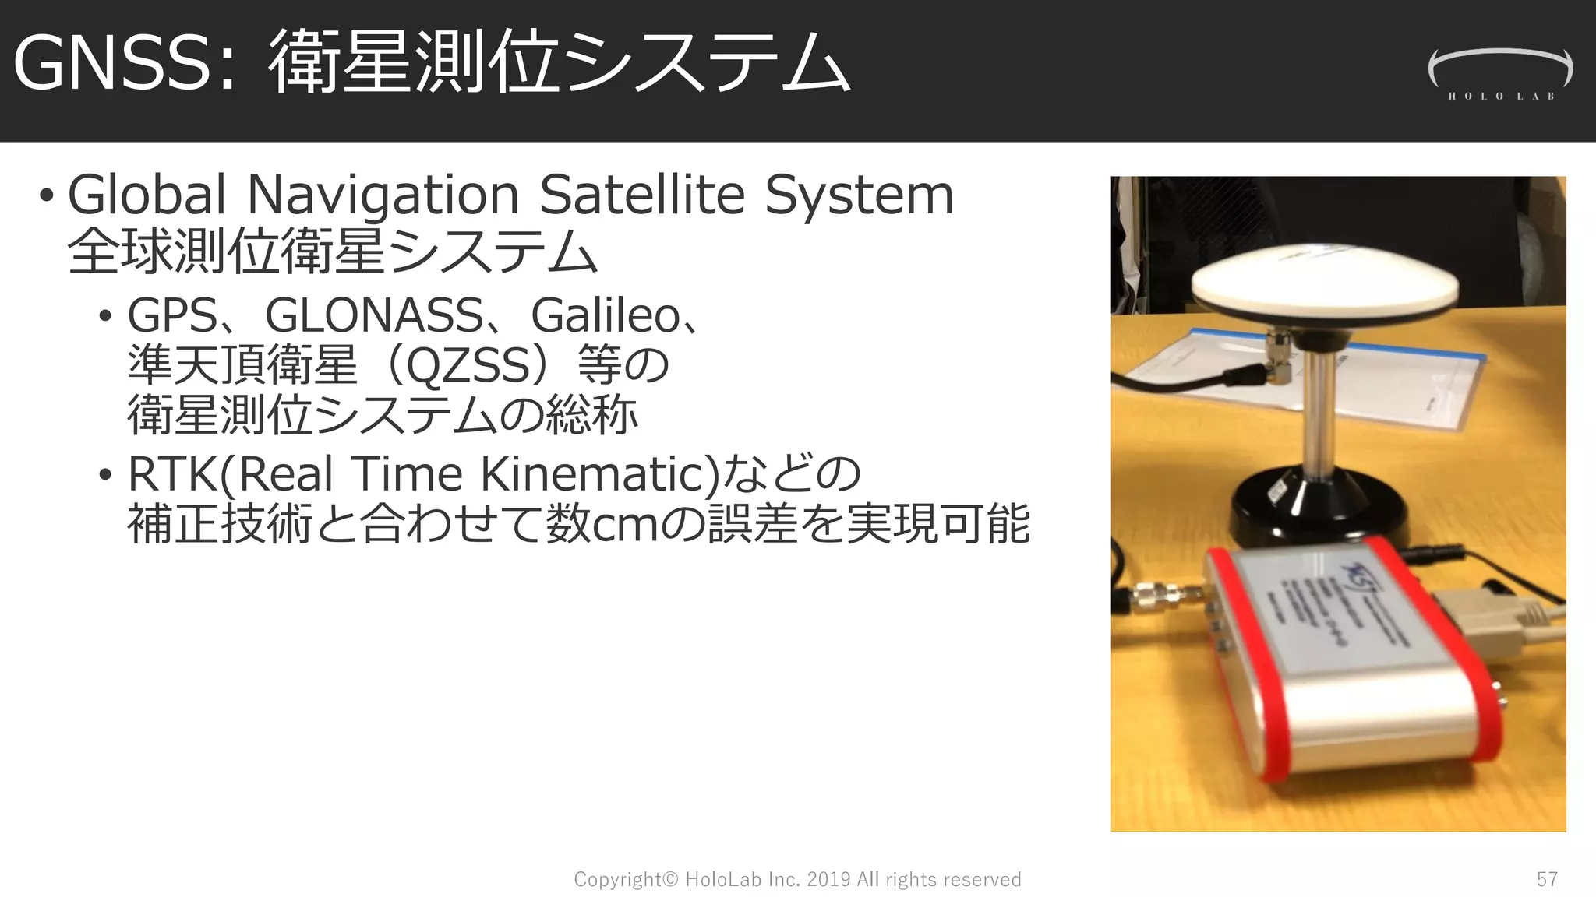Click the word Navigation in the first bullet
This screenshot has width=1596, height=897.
point(383,195)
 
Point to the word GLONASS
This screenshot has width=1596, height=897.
point(374,315)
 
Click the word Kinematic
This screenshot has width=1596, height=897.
point(593,474)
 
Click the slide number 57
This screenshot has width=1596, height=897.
point(1547,879)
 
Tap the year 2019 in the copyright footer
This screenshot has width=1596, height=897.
point(828,879)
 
